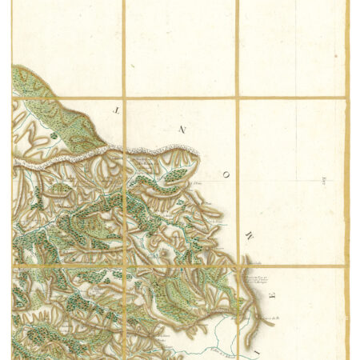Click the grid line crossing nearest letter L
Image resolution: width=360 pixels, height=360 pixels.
click(124, 99)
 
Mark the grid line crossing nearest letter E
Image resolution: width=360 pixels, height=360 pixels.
click(238, 266)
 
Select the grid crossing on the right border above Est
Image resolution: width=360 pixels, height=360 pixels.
click(346, 99)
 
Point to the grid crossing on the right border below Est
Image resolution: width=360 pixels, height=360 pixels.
click(346, 266)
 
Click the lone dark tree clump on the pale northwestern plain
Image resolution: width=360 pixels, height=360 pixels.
click(54, 136)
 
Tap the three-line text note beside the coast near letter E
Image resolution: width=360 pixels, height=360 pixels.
click(254, 279)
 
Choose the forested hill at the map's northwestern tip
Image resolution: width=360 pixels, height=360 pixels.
click(28, 80)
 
